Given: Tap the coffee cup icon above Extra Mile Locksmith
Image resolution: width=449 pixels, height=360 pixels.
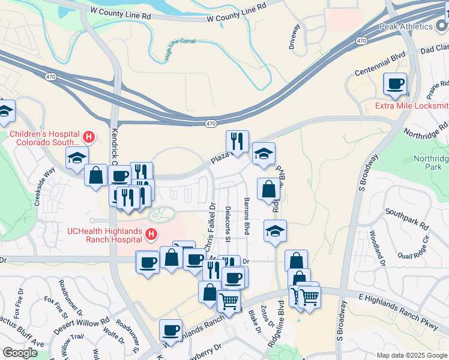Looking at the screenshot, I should tap(395, 85).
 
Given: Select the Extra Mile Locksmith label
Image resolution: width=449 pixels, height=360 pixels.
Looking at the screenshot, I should tap(411, 106).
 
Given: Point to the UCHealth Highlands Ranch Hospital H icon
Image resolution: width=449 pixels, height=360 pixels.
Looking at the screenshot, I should tap(151, 233).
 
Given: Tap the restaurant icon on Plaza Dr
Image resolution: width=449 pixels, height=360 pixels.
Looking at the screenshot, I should tap(237, 142).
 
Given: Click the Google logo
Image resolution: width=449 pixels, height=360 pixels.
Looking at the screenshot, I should tap(20, 353).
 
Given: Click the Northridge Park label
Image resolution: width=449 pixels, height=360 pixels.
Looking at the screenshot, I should tap(431, 163).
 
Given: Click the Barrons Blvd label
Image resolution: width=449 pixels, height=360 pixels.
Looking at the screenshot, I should tap(246, 215).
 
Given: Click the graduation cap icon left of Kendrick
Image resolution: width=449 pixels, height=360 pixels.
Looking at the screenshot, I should tap(77, 158).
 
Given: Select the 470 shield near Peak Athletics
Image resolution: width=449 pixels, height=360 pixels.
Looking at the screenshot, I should tap(361, 40).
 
